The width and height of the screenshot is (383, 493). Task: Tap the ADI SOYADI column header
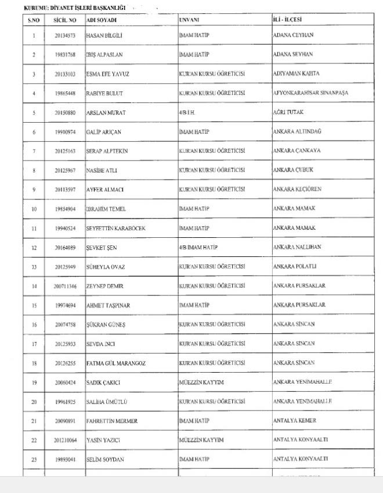(x=101, y=20)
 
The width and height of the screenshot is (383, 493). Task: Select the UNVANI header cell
(x=189, y=20)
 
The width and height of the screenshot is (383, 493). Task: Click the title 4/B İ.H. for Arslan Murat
(x=189, y=112)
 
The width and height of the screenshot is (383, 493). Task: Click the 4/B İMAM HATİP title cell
(x=198, y=247)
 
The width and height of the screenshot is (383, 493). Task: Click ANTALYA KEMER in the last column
(x=294, y=420)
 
